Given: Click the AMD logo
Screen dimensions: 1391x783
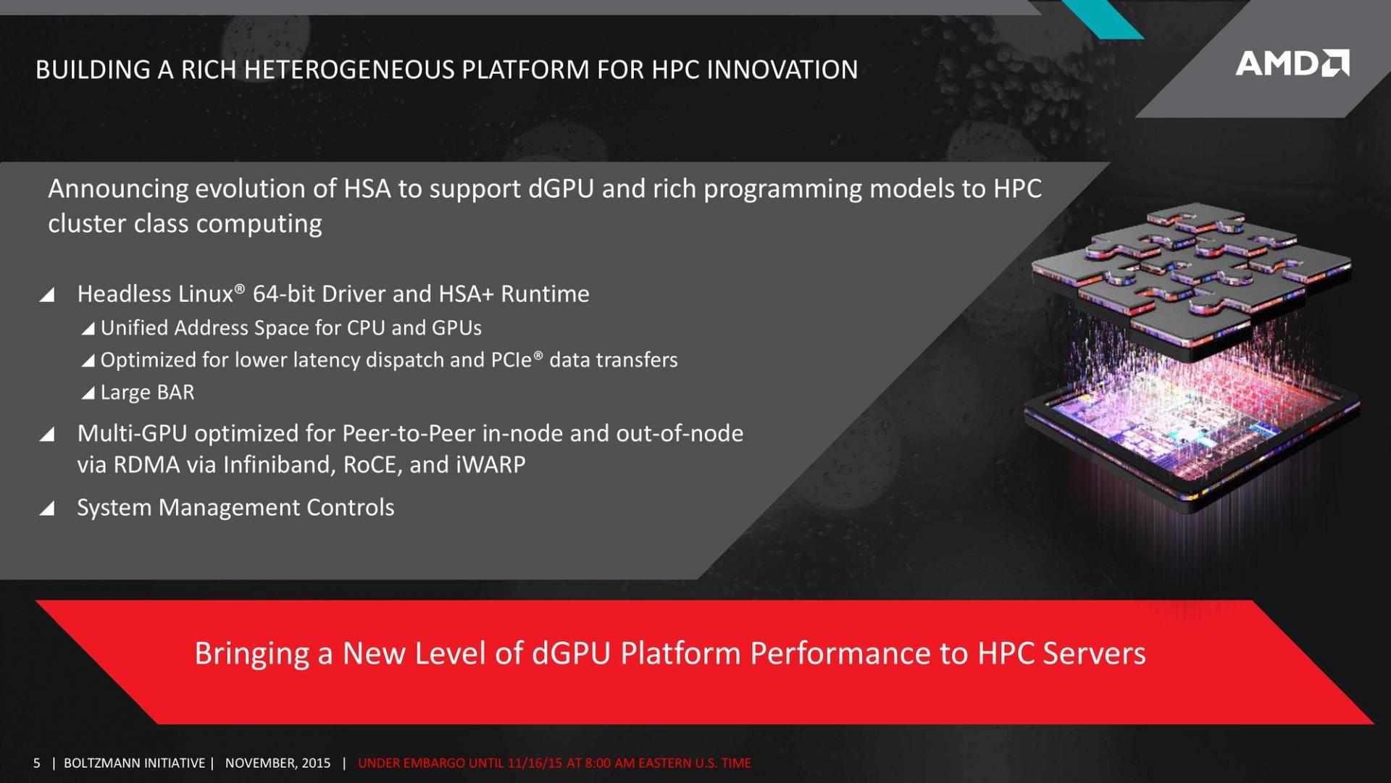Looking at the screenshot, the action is [x=1292, y=63].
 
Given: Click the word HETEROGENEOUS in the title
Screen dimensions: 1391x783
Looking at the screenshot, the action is [x=349, y=70].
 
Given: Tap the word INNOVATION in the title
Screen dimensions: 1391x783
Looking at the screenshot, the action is [x=782, y=70].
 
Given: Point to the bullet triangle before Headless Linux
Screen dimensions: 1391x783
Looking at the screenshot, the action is [x=47, y=294].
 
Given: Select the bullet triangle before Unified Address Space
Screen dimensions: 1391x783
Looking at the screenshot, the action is [x=88, y=329].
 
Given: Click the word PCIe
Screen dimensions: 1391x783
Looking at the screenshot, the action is [x=511, y=360].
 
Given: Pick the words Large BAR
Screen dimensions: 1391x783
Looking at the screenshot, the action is [x=148, y=393].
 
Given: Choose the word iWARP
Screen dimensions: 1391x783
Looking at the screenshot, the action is [x=491, y=464].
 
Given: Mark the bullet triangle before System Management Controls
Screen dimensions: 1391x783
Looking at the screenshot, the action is [x=47, y=508].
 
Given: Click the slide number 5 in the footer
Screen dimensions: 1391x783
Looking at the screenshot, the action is [x=37, y=763].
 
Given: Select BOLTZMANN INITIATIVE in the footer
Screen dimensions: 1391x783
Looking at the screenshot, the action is [x=135, y=763].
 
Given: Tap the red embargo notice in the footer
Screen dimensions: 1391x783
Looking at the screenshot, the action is [x=554, y=763].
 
